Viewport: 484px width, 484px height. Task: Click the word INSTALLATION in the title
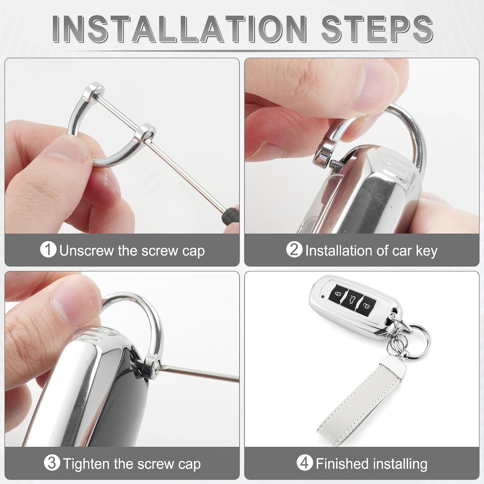[180, 29]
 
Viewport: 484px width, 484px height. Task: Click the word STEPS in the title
[377, 29]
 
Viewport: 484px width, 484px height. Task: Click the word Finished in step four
[342, 463]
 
